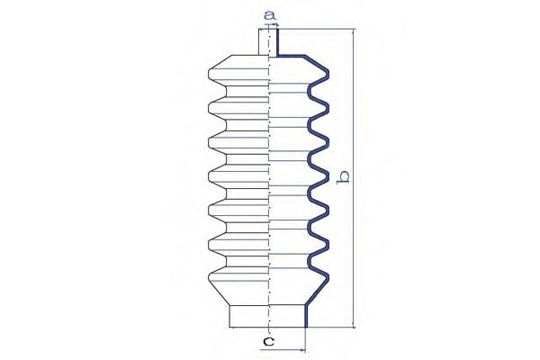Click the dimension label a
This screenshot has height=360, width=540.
click(x=270, y=15)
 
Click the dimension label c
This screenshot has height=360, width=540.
click(x=268, y=341)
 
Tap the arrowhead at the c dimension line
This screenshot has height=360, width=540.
click(x=302, y=350)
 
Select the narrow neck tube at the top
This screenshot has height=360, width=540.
click(x=268, y=42)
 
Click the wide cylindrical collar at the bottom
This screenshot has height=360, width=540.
click(x=267, y=316)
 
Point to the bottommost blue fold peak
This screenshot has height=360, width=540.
click(x=326, y=277)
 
